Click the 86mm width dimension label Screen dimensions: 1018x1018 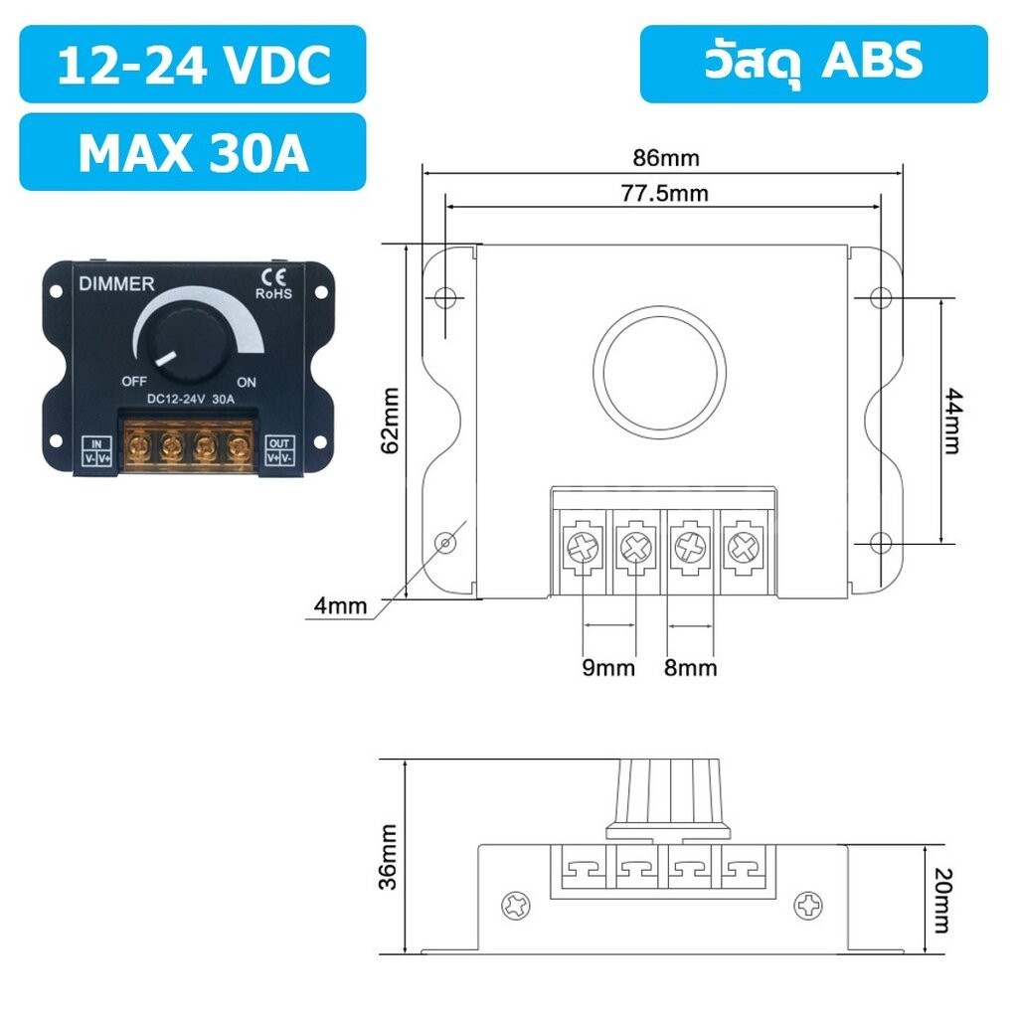pyautogui.click(x=666, y=158)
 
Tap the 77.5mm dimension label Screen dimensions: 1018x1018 pyautogui.click(x=664, y=194)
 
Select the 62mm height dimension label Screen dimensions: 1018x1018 pyautogui.click(x=390, y=421)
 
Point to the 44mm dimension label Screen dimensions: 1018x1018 pyautogui.click(x=952, y=421)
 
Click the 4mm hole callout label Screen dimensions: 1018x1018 pyautogui.click(x=340, y=605)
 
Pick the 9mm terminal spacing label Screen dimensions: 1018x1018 pyautogui.click(x=608, y=668)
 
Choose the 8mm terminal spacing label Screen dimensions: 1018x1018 pyautogui.click(x=691, y=668)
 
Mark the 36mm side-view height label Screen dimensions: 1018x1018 pyautogui.click(x=388, y=857)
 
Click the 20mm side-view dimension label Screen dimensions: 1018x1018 pyautogui.click(x=942, y=900)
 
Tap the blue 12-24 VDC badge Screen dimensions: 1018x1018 pyautogui.click(x=193, y=65)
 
